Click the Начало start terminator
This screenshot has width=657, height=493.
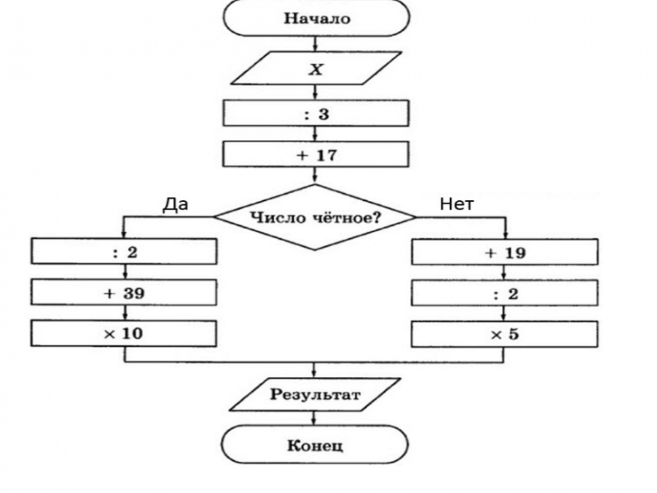point(315,18)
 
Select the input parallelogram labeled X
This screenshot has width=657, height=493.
point(315,69)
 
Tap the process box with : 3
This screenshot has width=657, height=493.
point(315,114)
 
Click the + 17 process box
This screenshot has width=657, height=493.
point(315,156)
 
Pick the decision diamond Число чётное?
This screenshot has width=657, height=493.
point(315,217)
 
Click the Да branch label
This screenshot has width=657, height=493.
point(175,204)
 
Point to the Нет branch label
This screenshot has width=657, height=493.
point(457,204)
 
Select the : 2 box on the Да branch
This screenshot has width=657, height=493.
point(124,252)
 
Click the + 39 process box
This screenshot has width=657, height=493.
point(124,293)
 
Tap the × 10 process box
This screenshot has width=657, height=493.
point(124,333)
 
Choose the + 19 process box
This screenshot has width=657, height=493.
point(504,252)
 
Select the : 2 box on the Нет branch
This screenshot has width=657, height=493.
point(504,293)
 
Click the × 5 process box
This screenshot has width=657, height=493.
point(504,333)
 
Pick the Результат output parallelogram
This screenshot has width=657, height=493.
point(315,395)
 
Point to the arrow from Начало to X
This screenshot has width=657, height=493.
point(315,43)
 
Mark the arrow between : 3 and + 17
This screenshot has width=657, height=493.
point(315,134)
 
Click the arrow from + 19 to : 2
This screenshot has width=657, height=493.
point(504,272)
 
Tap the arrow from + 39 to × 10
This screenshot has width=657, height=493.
point(124,313)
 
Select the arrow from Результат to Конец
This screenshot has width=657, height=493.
point(315,418)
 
